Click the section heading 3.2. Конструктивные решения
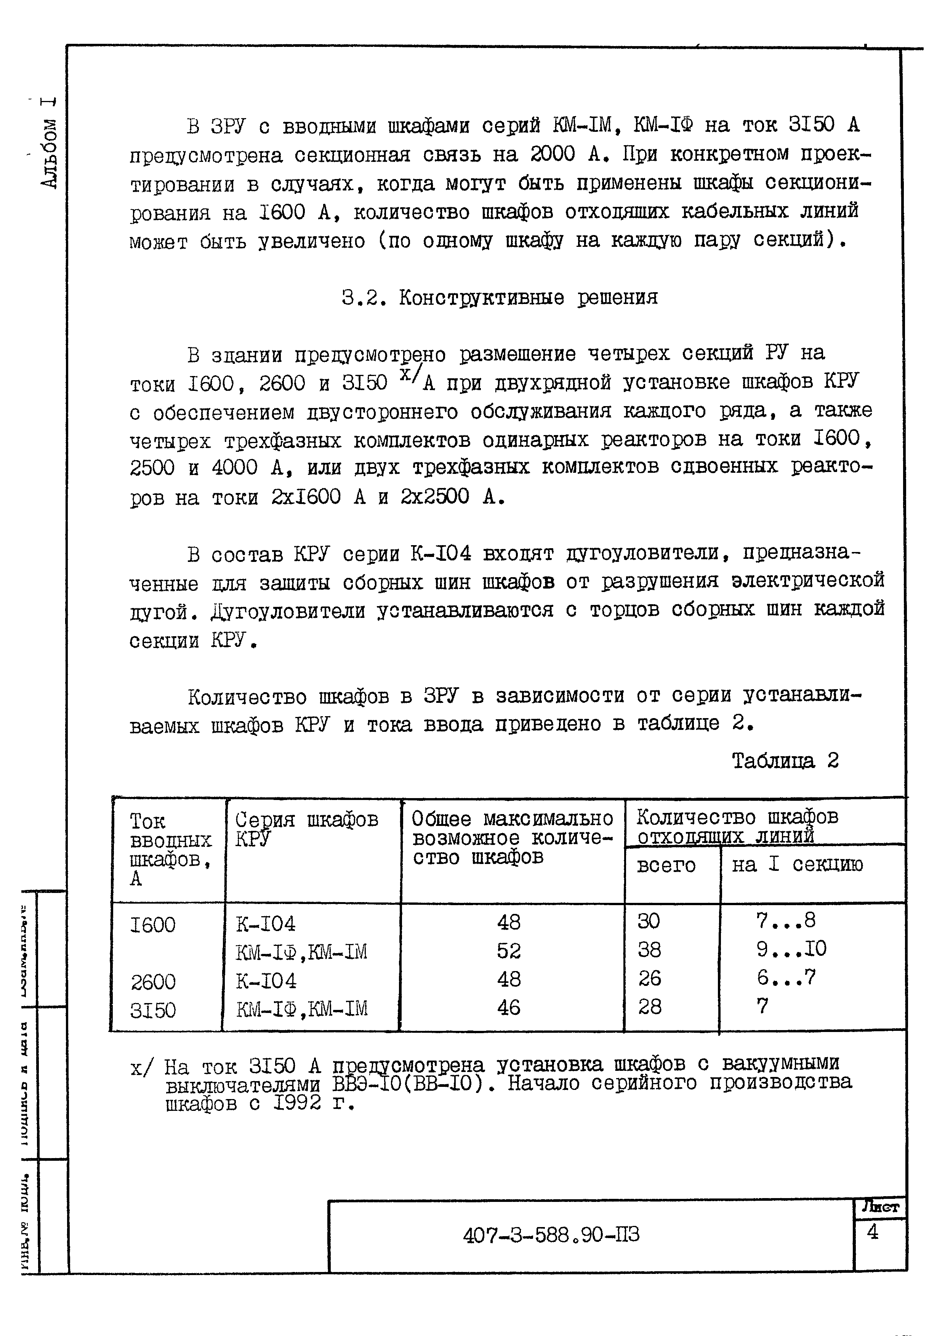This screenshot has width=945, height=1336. coord(499,298)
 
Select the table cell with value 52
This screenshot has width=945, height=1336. coord(509,951)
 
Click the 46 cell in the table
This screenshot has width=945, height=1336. coord(509,1008)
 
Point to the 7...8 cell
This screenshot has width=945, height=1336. coord(786,920)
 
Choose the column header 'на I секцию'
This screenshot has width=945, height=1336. coord(797,865)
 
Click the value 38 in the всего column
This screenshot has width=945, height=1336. coord(649,950)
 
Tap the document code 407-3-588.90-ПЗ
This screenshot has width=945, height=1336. coord(551,1235)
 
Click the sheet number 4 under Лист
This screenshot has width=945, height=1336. coord(872,1232)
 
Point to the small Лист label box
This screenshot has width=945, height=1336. coord(880,1207)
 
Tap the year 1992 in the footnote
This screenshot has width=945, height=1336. coord(297,1102)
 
